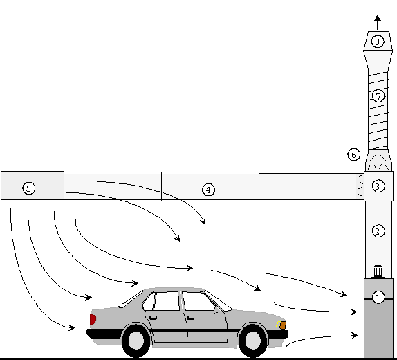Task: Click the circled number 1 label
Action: click(x=378, y=297)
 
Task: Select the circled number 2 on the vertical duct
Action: click(x=378, y=231)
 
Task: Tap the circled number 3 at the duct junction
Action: click(x=378, y=186)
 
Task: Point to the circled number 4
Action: click(x=208, y=190)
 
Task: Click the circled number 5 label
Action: click(x=28, y=188)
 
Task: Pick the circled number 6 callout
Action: click(x=353, y=154)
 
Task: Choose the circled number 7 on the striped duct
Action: click(x=378, y=96)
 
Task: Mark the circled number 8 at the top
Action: click(x=377, y=42)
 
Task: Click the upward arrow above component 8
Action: click(x=377, y=22)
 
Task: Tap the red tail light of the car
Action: click(x=93, y=319)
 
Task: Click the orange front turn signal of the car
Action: click(x=283, y=325)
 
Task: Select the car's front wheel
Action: click(x=252, y=341)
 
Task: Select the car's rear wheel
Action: click(x=136, y=341)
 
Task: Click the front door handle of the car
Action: click(x=190, y=317)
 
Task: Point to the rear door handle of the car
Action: click(x=153, y=317)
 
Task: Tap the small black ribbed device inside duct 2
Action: click(x=378, y=271)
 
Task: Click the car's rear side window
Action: click(x=167, y=301)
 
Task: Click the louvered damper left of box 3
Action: click(x=360, y=186)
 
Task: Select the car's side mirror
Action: click(x=216, y=311)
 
